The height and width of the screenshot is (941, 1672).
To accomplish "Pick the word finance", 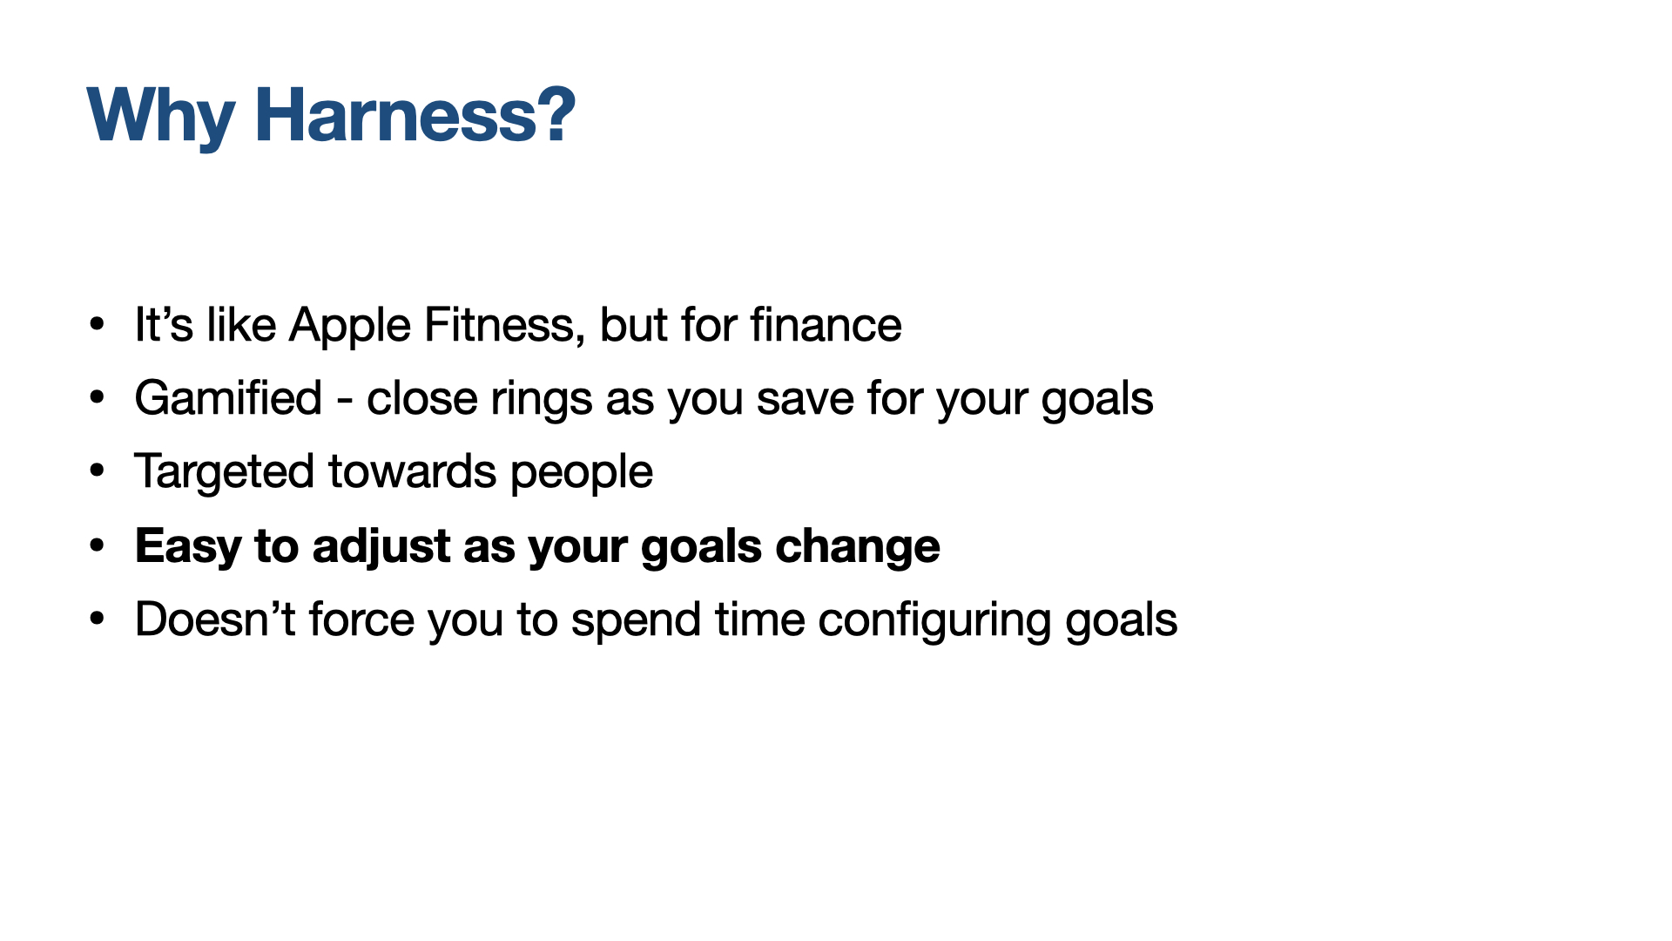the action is (826, 325).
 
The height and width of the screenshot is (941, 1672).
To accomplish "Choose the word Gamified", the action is (229, 398).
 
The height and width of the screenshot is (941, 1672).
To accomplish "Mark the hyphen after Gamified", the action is (345, 403).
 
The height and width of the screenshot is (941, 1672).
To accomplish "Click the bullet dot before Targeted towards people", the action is (97, 471).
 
